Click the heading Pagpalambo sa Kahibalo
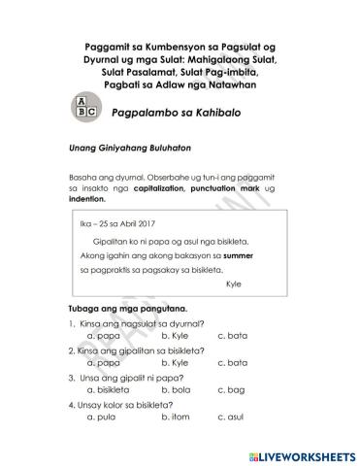[176, 114]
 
